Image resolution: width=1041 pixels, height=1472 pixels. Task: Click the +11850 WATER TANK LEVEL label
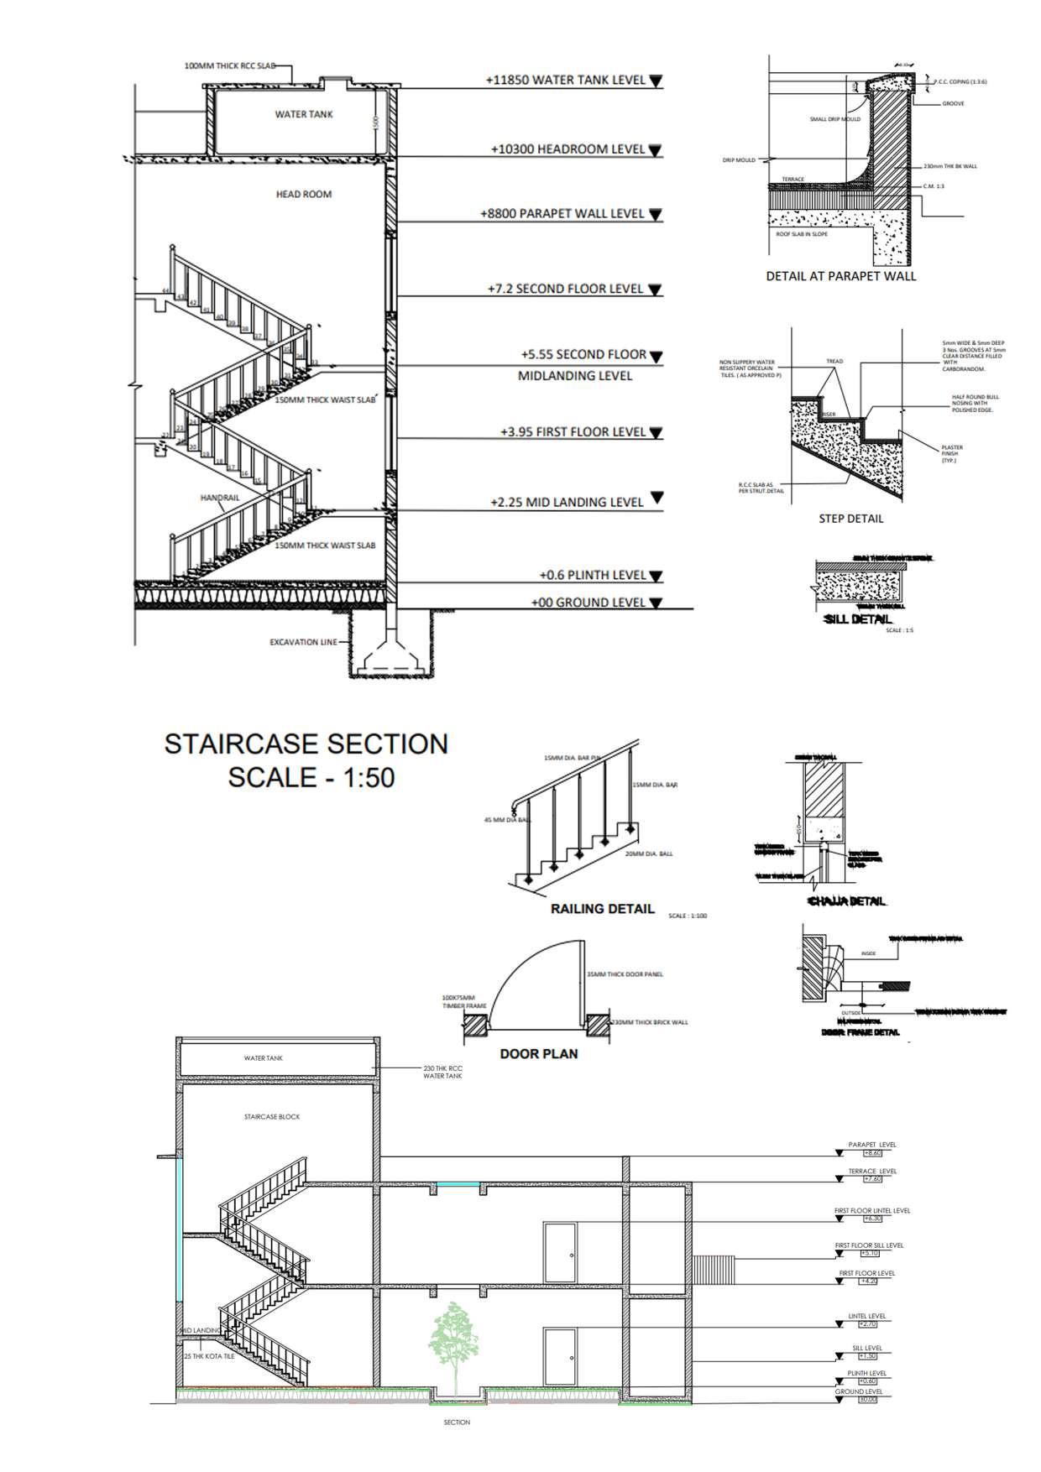point(566,81)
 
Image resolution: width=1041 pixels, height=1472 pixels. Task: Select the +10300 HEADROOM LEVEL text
point(568,149)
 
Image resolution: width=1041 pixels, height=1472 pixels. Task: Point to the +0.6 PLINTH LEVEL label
point(593,576)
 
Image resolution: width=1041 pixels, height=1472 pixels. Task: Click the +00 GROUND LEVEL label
point(589,603)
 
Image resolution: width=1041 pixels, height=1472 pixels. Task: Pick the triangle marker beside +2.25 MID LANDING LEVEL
point(657,498)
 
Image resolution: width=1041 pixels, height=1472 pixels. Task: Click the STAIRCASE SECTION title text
point(306,744)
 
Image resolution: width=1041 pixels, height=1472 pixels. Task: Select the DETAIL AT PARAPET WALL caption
point(841,276)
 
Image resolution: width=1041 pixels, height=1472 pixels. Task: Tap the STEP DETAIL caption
point(851,519)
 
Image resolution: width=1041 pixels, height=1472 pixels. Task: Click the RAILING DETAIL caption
point(602,908)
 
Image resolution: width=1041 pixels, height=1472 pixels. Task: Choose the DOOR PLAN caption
point(539,1053)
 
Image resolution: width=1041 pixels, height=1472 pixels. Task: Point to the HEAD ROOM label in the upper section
point(304,195)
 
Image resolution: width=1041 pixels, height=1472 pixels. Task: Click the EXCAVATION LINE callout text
point(303,642)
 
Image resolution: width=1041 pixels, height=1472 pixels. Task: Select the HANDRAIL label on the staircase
point(220,498)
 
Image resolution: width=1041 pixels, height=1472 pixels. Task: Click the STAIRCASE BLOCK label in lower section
point(272,1117)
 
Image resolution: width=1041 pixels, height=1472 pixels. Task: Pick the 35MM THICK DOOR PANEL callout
point(625,974)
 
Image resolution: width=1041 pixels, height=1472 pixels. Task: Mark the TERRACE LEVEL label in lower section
point(872,1172)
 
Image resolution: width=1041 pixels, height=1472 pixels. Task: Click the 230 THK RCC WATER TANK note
point(442,1073)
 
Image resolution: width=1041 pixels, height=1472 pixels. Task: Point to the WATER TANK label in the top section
point(304,114)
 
